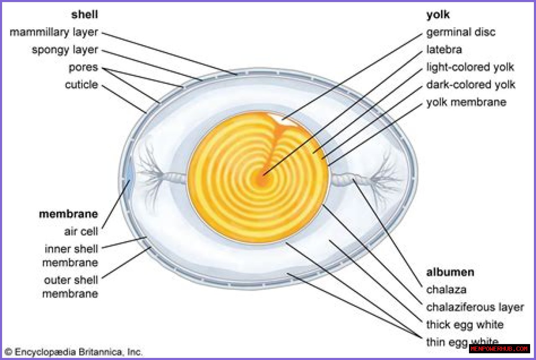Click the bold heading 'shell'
(x=85, y=15)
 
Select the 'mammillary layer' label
(x=54, y=32)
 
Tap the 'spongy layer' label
(x=64, y=50)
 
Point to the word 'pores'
(x=83, y=67)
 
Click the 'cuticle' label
(x=81, y=85)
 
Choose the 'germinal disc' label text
(x=461, y=32)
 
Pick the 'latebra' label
(x=444, y=50)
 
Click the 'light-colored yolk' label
(x=470, y=67)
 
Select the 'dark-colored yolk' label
(x=471, y=85)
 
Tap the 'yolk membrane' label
(x=466, y=102)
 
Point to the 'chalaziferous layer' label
(x=475, y=307)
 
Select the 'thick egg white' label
(x=465, y=325)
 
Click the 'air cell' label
(x=81, y=231)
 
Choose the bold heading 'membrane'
(x=68, y=214)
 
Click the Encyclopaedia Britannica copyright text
(x=74, y=352)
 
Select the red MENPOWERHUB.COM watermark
(x=499, y=349)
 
